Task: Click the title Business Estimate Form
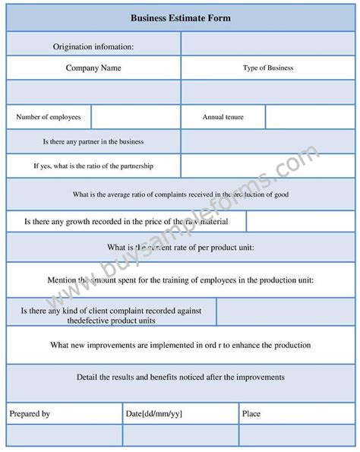180,17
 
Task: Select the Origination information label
93,47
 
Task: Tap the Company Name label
93,68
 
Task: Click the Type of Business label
267,68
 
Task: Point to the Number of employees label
49,117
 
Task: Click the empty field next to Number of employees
135,117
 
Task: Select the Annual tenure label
223,117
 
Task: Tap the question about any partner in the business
93,141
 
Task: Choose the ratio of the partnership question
93,166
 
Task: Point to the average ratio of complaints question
180,194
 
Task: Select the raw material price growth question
126,221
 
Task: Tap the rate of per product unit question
180,248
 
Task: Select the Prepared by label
30,414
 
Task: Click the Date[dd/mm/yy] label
153,414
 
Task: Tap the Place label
251,414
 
